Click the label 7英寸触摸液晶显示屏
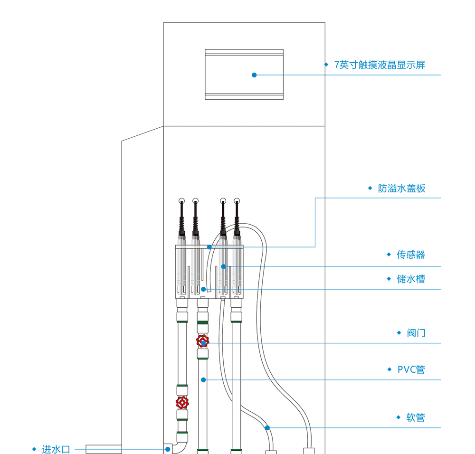(x=380, y=65)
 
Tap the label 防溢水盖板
(x=401, y=189)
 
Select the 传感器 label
(x=411, y=255)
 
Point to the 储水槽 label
(x=411, y=279)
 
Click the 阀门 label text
(x=416, y=333)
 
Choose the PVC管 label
(x=411, y=369)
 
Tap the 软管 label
(x=416, y=418)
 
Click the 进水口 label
(x=56, y=449)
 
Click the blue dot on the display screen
(x=254, y=75)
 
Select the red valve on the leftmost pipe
(x=182, y=403)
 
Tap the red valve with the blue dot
(x=203, y=342)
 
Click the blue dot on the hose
(x=267, y=428)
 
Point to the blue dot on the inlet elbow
(x=167, y=449)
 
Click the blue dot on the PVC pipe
(x=203, y=379)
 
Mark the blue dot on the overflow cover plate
(x=209, y=247)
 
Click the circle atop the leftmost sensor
(x=181, y=201)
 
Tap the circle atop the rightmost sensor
(x=237, y=201)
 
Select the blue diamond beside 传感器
(x=389, y=255)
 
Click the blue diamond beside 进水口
(x=34, y=449)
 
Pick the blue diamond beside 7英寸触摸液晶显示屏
(x=326, y=65)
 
